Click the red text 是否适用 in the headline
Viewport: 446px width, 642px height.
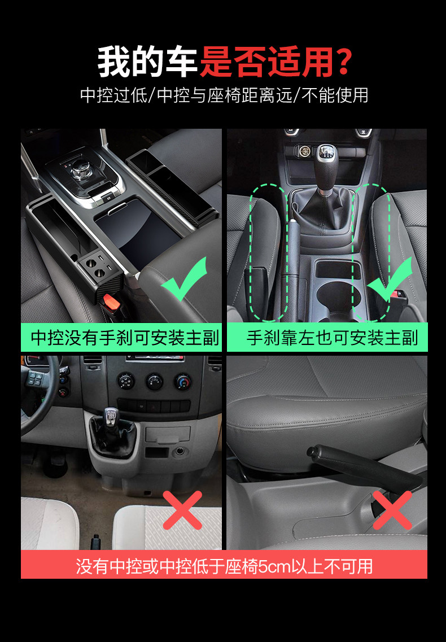(x=267, y=62)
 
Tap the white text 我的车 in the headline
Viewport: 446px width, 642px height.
(x=147, y=62)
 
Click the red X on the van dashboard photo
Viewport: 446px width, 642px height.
(x=182, y=510)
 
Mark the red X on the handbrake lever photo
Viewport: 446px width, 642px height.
(x=392, y=510)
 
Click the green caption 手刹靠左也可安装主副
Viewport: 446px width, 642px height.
(x=332, y=338)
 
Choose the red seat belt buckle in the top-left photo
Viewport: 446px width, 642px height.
(x=110, y=303)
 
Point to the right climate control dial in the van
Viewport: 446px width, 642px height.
(x=182, y=382)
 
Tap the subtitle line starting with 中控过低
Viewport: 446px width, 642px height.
(x=224, y=95)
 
